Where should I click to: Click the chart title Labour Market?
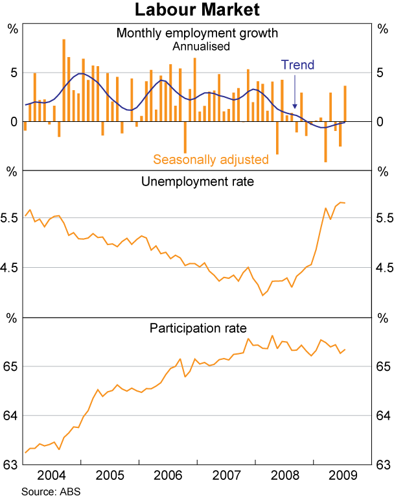[197, 10]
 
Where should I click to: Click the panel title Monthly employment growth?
[197, 32]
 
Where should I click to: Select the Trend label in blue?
[297, 65]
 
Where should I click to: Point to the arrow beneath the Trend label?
[295, 91]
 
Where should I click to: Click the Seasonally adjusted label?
[211, 159]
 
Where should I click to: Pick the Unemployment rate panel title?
[197, 182]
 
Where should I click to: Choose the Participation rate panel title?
[197, 328]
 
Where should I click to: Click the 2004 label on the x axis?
[51, 475]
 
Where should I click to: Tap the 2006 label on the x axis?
[168, 475]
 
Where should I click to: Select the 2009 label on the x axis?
[341, 475]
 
